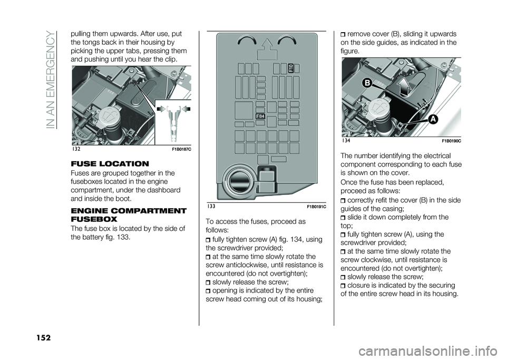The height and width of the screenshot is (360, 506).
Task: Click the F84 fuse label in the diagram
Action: (259, 115)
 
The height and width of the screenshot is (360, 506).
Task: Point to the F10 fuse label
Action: (290, 67)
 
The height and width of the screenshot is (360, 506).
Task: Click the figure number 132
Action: (77, 150)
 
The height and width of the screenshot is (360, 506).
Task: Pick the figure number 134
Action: (346, 141)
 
